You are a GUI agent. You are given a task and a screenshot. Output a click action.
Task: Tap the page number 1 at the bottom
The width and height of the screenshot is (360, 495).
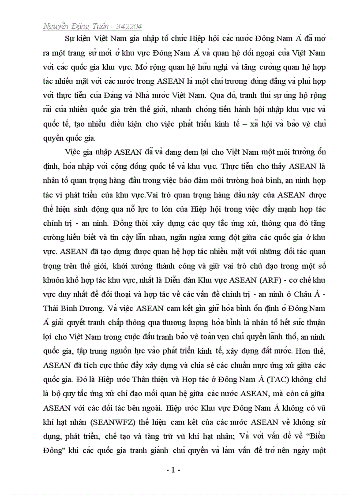(x=173, y=470)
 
